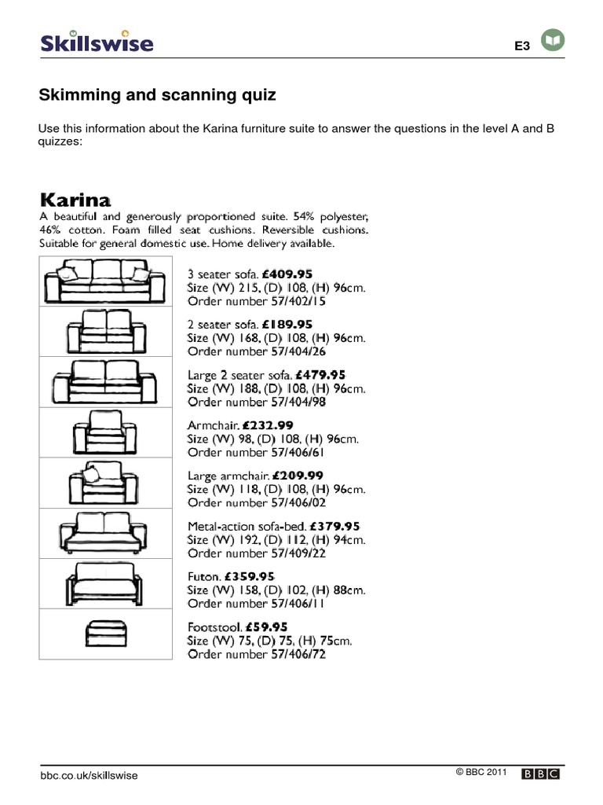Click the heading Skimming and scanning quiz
(x=157, y=95)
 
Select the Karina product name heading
(x=75, y=197)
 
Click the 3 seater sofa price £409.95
(x=287, y=274)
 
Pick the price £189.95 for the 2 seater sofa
(x=287, y=325)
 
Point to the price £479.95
(x=320, y=375)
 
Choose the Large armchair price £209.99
(x=298, y=476)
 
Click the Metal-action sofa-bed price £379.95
(x=335, y=526)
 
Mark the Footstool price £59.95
(x=272, y=627)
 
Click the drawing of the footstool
(x=105, y=634)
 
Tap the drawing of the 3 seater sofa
(x=105, y=281)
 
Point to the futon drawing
(x=105, y=584)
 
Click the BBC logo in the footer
(x=542, y=774)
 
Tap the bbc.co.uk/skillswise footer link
(x=89, y=775)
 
